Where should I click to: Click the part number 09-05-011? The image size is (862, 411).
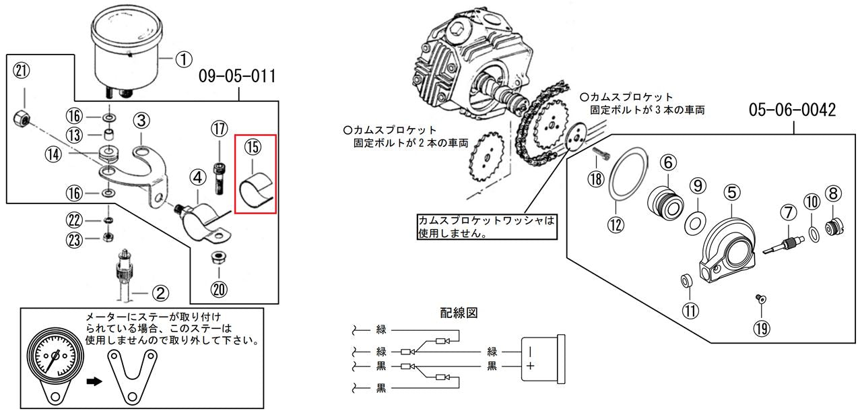(238, 76)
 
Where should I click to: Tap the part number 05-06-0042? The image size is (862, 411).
(793, 110)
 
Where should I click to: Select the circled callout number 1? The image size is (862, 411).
(184, 59)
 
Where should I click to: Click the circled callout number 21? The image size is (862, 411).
(22, 71)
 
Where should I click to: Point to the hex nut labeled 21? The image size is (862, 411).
(22, 118)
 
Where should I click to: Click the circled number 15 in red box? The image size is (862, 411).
(253, 147)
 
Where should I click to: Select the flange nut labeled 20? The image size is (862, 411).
(219, 257)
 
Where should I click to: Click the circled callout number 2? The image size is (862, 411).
(160, 293)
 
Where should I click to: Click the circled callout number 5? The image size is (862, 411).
(732, 193)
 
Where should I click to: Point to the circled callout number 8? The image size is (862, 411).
(833, 193)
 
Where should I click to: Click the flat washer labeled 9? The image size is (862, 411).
(694, 223)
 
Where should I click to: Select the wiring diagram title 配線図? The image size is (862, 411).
(459, 313)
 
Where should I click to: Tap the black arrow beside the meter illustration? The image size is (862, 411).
(94, 382)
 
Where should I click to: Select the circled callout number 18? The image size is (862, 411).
(596, 179)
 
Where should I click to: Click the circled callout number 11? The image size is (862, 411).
(690, 311)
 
